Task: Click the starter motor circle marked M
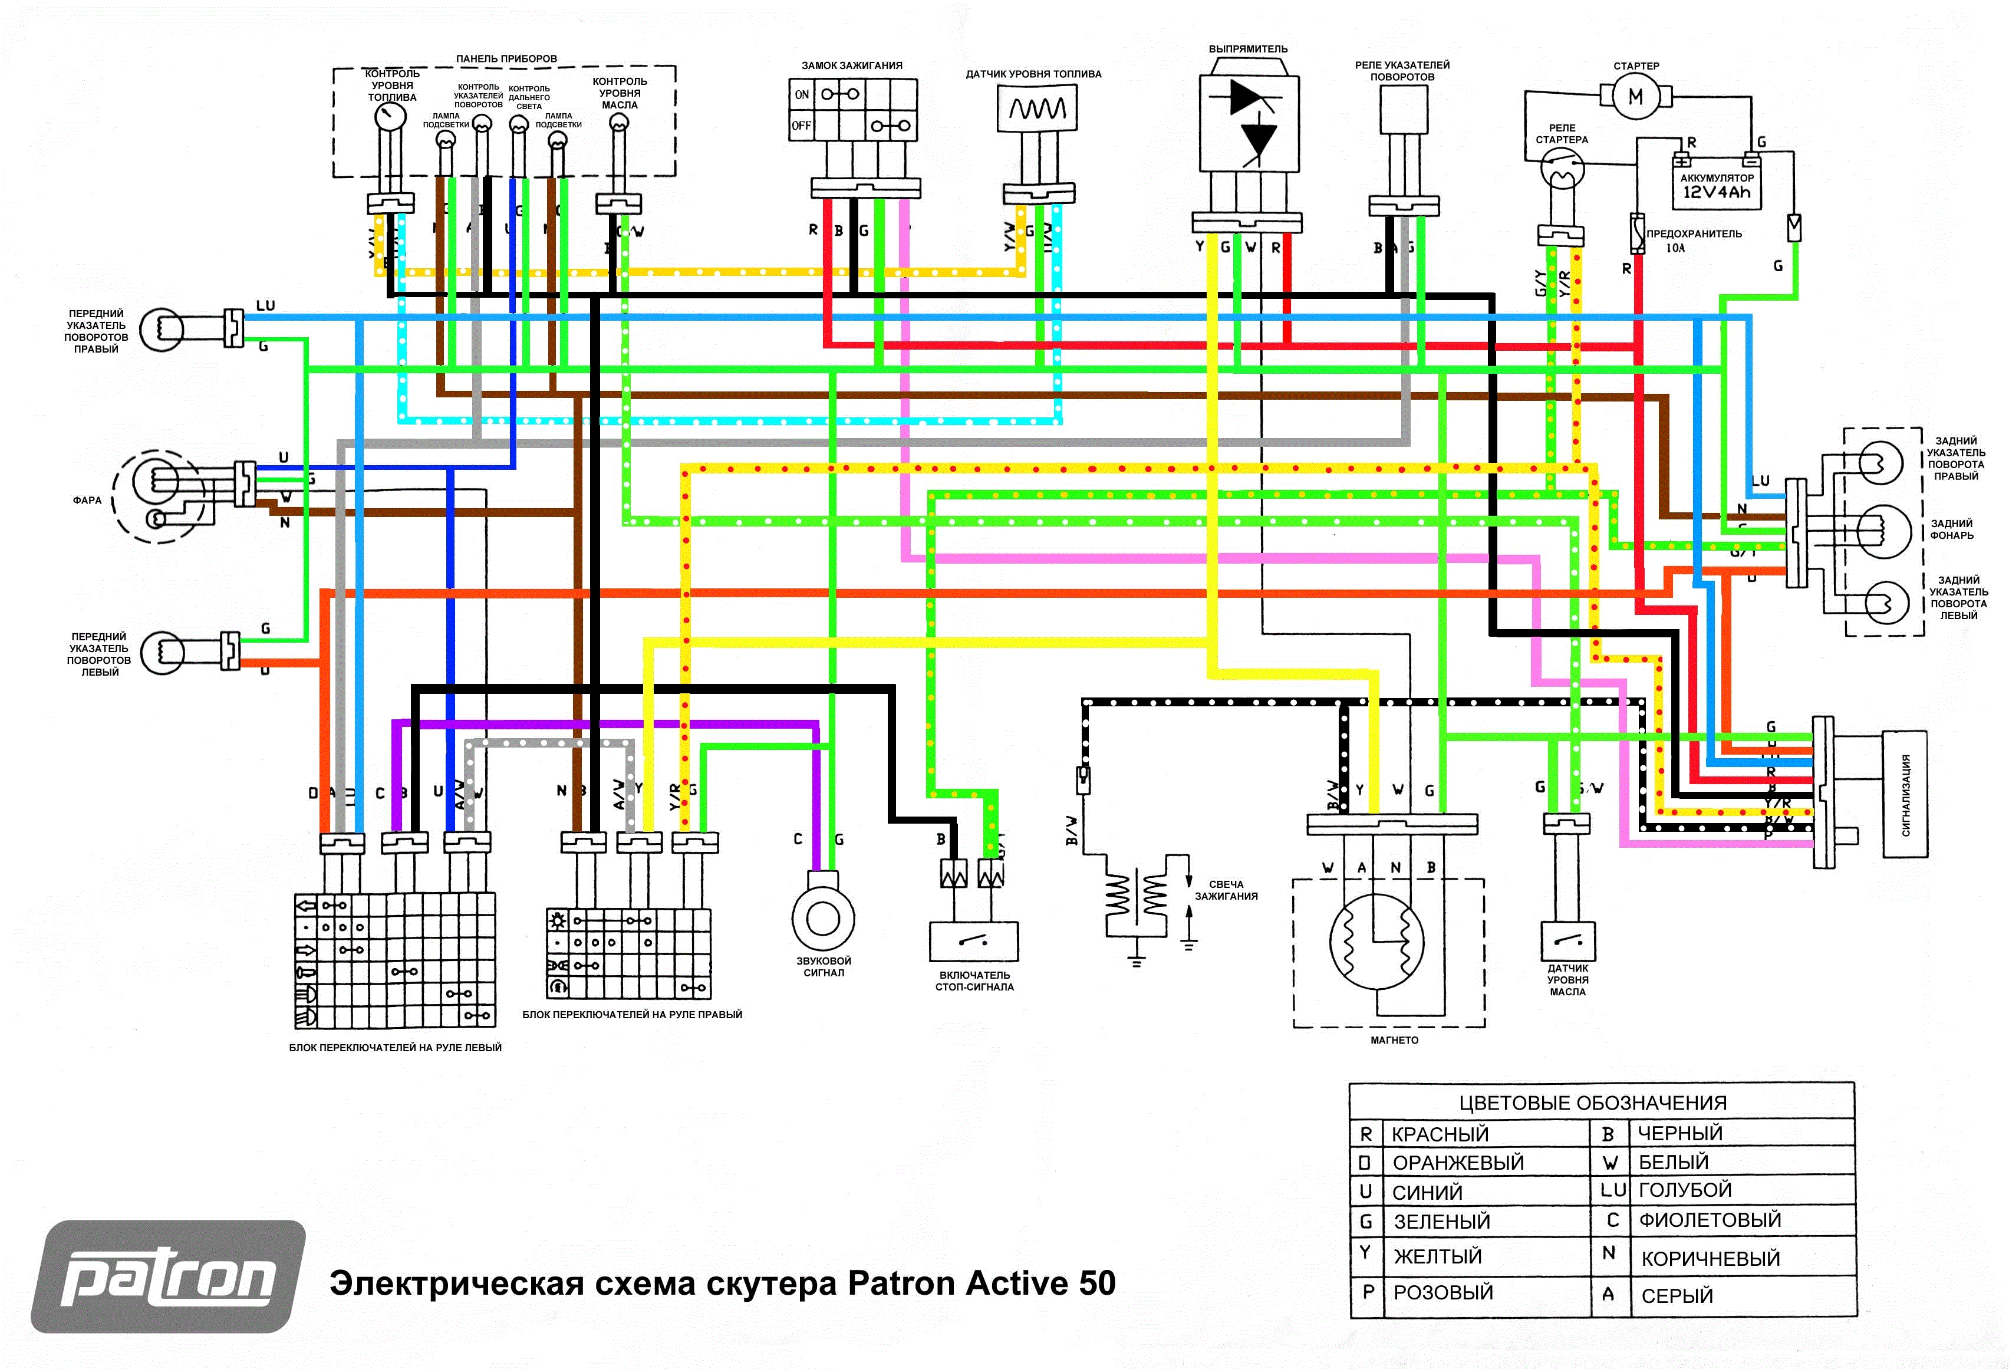click(1635, 96)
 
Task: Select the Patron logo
click(169, 1276)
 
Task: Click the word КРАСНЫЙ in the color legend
click(1440, 1134)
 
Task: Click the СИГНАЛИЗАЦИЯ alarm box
click(1905, 794)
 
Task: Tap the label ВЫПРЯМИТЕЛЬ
click(1247, 50)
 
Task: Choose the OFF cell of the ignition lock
click(801, 126)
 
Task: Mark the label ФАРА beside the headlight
click(87, 500)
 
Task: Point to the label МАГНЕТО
click(1394, 1039)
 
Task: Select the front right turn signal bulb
click(162, 330)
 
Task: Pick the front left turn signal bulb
click(162, 652)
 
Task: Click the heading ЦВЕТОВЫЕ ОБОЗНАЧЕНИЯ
click(1592, 1103)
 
